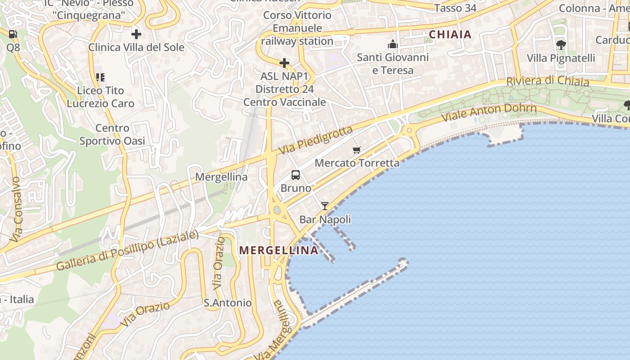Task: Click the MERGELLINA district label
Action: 279,251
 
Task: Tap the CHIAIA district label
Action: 450,35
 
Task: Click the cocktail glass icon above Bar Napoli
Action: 324,206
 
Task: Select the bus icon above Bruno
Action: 296,175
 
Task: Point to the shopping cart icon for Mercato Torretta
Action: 357,150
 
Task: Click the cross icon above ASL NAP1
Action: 284,63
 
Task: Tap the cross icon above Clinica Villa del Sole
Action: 136,34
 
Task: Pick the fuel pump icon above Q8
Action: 13,34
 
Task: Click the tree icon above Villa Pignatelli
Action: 561,45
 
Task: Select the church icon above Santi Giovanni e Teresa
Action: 393,44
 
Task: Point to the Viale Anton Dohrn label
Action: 489,112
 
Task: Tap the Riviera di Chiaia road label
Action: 547,81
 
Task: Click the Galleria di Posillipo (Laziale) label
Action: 127,251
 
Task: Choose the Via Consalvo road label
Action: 16,209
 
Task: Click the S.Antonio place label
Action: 228,303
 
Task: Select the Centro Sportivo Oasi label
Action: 112,135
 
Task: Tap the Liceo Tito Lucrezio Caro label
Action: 100,97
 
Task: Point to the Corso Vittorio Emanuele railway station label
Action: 297,28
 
